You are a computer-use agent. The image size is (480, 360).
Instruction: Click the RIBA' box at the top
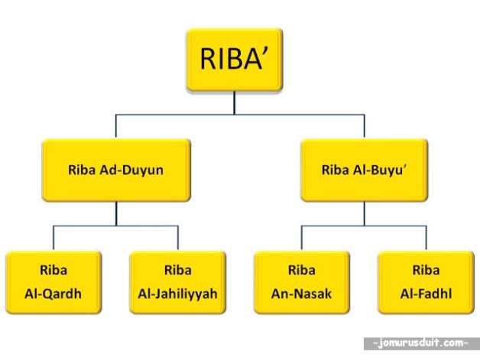point(235,60)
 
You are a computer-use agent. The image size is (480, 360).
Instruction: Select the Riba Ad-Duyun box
point(115,170)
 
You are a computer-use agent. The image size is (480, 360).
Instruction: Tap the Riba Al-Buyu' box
point(363,170)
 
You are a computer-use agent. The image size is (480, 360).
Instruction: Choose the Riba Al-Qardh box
point(54,281)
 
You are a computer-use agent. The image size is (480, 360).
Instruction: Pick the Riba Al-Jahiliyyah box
point(178,281)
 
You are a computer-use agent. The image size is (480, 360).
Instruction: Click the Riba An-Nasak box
point(301,281)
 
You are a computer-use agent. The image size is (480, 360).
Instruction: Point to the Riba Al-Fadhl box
point(426,281)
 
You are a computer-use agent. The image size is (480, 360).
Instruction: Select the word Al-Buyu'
point(377,170)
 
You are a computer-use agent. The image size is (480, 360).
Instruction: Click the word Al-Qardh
point(54,293)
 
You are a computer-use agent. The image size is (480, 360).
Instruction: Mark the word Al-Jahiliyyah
point(178,293)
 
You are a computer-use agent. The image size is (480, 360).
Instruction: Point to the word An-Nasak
point(301,293)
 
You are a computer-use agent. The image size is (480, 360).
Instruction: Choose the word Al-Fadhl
point(426,293)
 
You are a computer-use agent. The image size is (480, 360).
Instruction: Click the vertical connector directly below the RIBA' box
point(235,103)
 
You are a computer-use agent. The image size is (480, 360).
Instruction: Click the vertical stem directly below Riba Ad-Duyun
point(115,212)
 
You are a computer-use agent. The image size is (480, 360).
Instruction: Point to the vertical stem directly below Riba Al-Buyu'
point(363,212)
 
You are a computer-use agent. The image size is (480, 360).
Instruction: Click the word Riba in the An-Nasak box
point(301,270)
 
